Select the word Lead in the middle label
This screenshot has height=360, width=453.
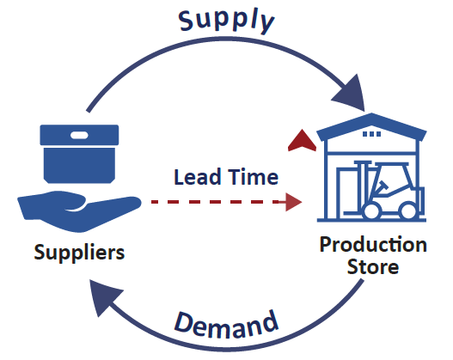pyautogui.click(x=193, y=178)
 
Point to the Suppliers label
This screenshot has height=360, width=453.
pyautogui.click(x=79, y=253)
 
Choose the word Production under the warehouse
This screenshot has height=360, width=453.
pyautogui.click(x=372, y=245)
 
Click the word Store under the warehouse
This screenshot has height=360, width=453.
pyautogui.click(x=372, y=267)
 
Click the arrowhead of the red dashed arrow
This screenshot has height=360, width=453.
pyautogui.click(x=294, y=203)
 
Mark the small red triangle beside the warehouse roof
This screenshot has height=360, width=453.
pyautogui.click(x=300, y=139)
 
